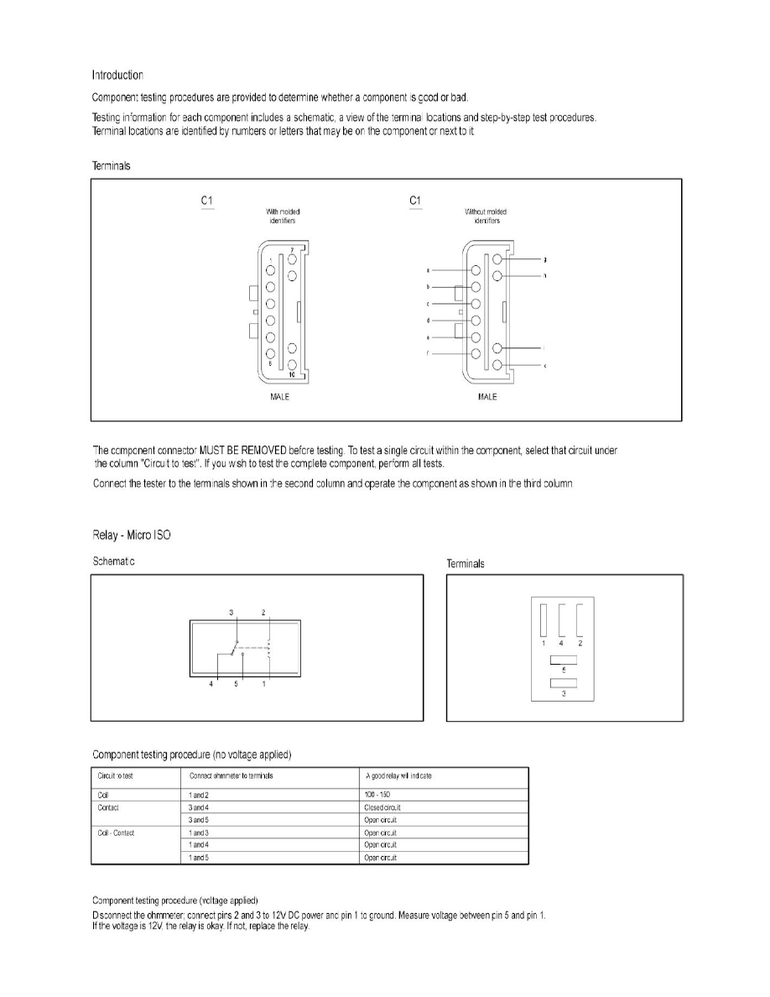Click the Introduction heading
117,75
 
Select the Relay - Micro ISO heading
131,535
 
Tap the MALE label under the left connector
280,396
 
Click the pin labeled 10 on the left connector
292,365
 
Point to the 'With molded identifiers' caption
283,217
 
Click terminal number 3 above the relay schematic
232,613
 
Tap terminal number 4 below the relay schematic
211,684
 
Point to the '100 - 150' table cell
377,794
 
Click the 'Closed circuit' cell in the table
380,806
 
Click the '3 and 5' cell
200,819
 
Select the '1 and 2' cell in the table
200,794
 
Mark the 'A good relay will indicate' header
398,776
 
